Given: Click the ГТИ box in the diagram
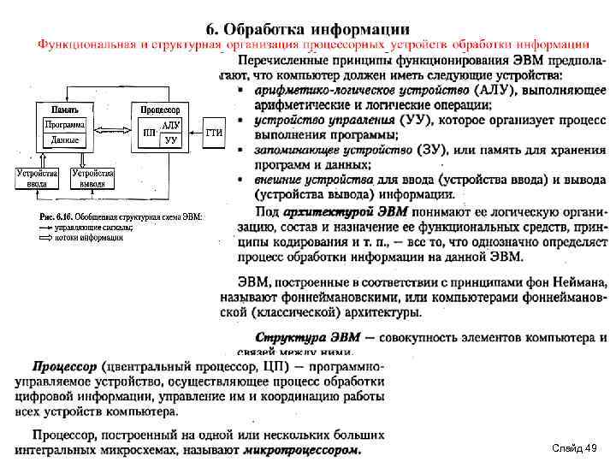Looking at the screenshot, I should tap(214, 133).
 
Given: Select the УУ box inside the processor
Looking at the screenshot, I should tap(171, 139).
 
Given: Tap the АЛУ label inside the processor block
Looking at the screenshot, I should tap(170, 126).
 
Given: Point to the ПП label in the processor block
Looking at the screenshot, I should tap(150, 133).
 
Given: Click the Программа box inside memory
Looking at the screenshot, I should tap(65, 125).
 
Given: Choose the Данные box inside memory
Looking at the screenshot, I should tap(65, 139).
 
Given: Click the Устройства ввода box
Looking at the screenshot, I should tap(37, 178).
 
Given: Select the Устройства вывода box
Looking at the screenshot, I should tap(93, 178).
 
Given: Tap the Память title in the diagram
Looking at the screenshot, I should tap(66, 110).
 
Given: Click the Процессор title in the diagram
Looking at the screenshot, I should tap(161, 110).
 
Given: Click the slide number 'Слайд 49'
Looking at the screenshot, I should tap(574, 448).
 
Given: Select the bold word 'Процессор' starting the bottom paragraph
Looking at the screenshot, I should tap(65, 366).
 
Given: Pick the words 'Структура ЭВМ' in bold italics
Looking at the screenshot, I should tap(305, 337).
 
